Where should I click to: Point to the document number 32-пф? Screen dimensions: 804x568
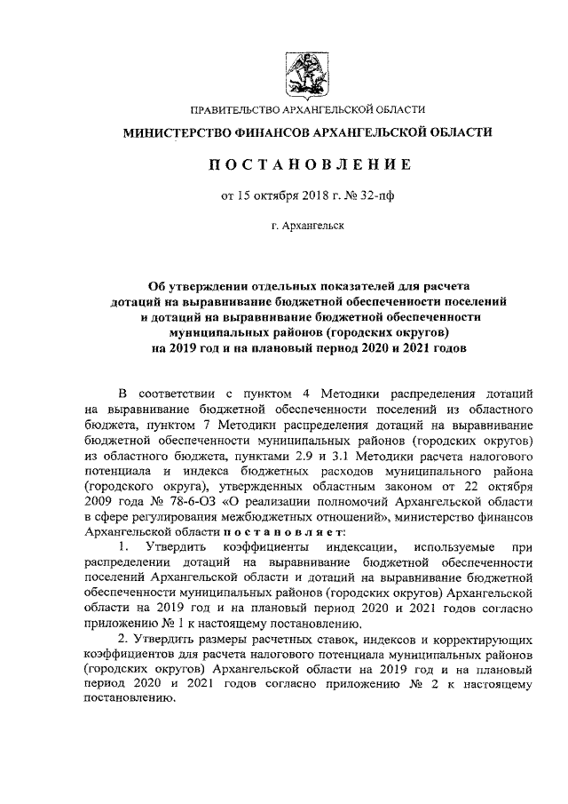coord(351,195)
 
